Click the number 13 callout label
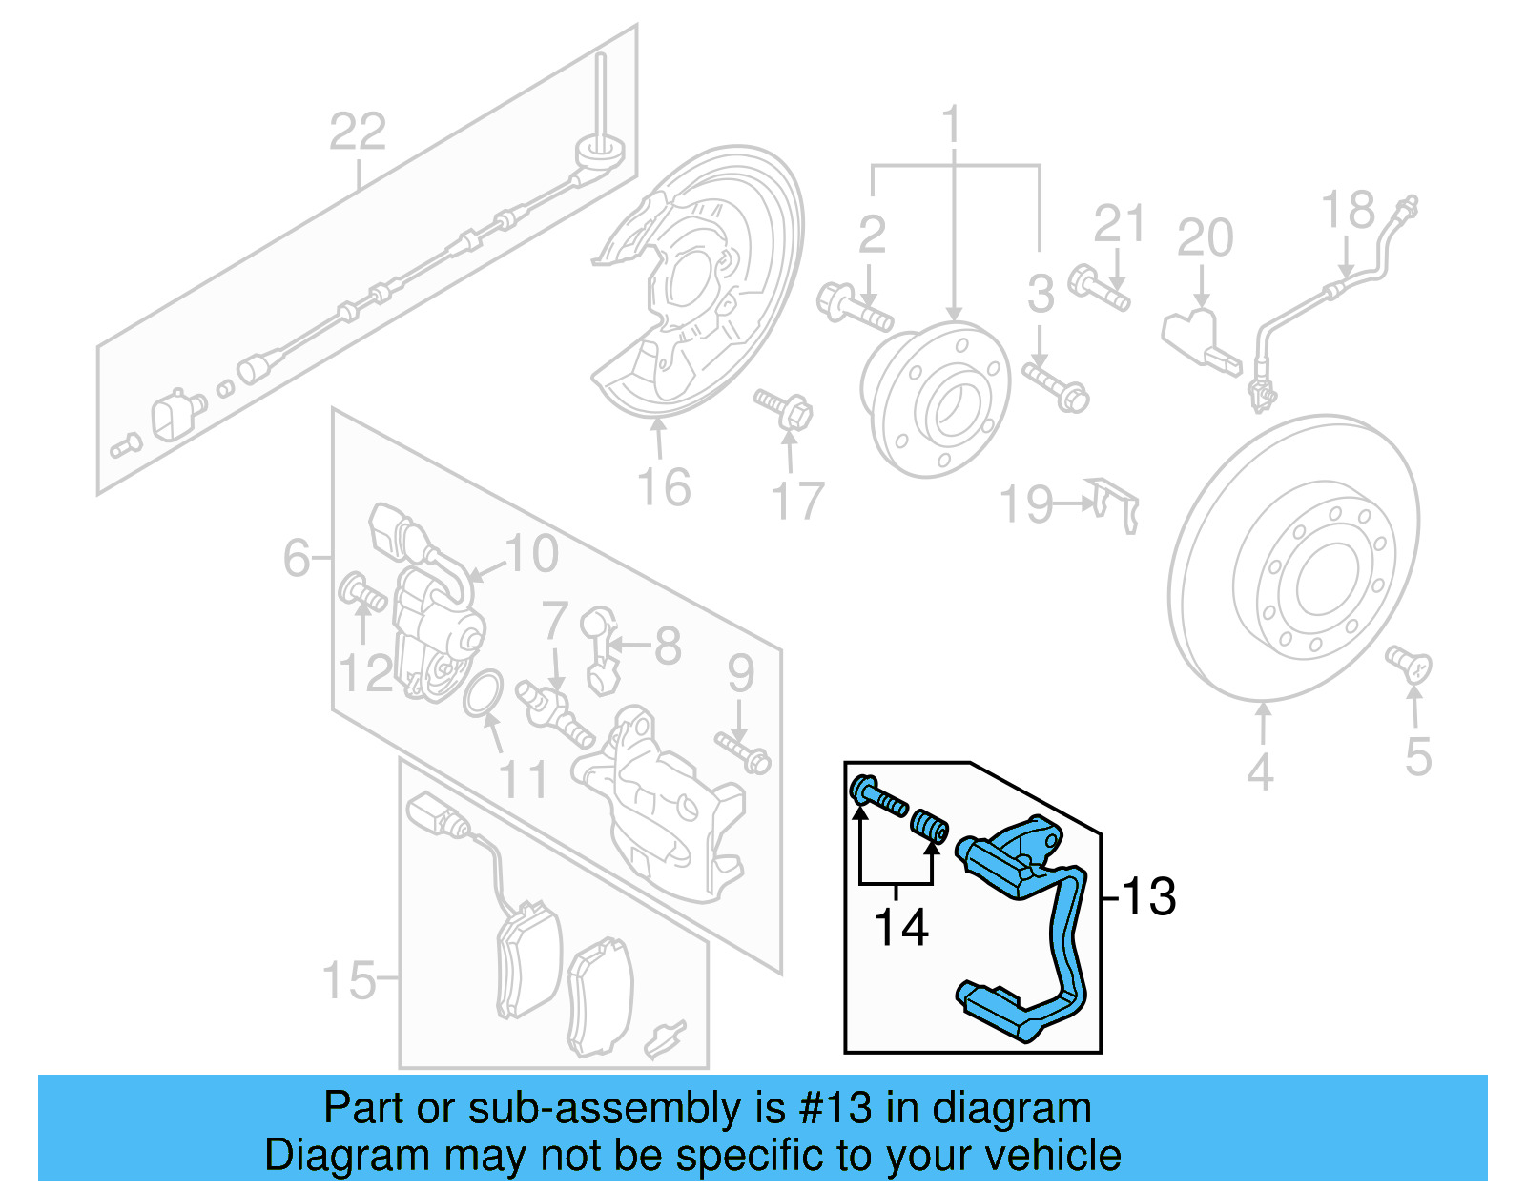[x=1148, y=896]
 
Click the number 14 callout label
[x=901, y=927]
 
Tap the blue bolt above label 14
[x=876, y=795]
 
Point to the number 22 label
[x=358, y=132]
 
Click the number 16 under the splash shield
[x=664, y=487]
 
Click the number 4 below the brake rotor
[x=1260, y=771]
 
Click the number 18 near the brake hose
[x=1348, y=211]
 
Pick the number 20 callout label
[x=1205, y=237]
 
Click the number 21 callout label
[x=1118, y=225]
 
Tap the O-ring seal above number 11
[x=484, y=692]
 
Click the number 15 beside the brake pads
[x=349, y=979]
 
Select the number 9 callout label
[x=741, y=673]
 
